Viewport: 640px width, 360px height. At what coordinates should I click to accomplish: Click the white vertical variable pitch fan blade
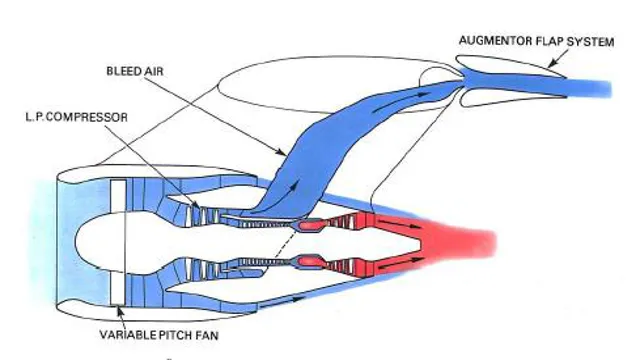[x=117, y=241]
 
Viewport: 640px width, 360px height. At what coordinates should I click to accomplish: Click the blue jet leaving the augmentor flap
[x=590, y=85]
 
